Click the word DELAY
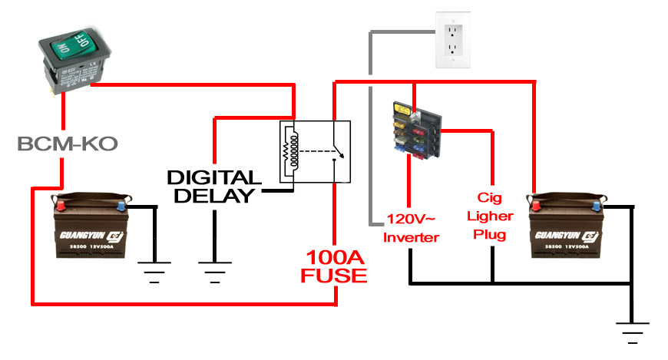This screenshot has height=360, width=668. (x=213, y=196)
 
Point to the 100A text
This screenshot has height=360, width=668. (x=336, y=257)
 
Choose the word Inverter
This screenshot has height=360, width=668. (x=412, y=238)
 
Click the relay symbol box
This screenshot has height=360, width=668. (x=316, y=152)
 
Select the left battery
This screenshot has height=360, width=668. (x=91, y=226)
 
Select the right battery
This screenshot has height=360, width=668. (x=565, y=226)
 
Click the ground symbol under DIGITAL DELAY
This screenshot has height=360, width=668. (x=213, y=269)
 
